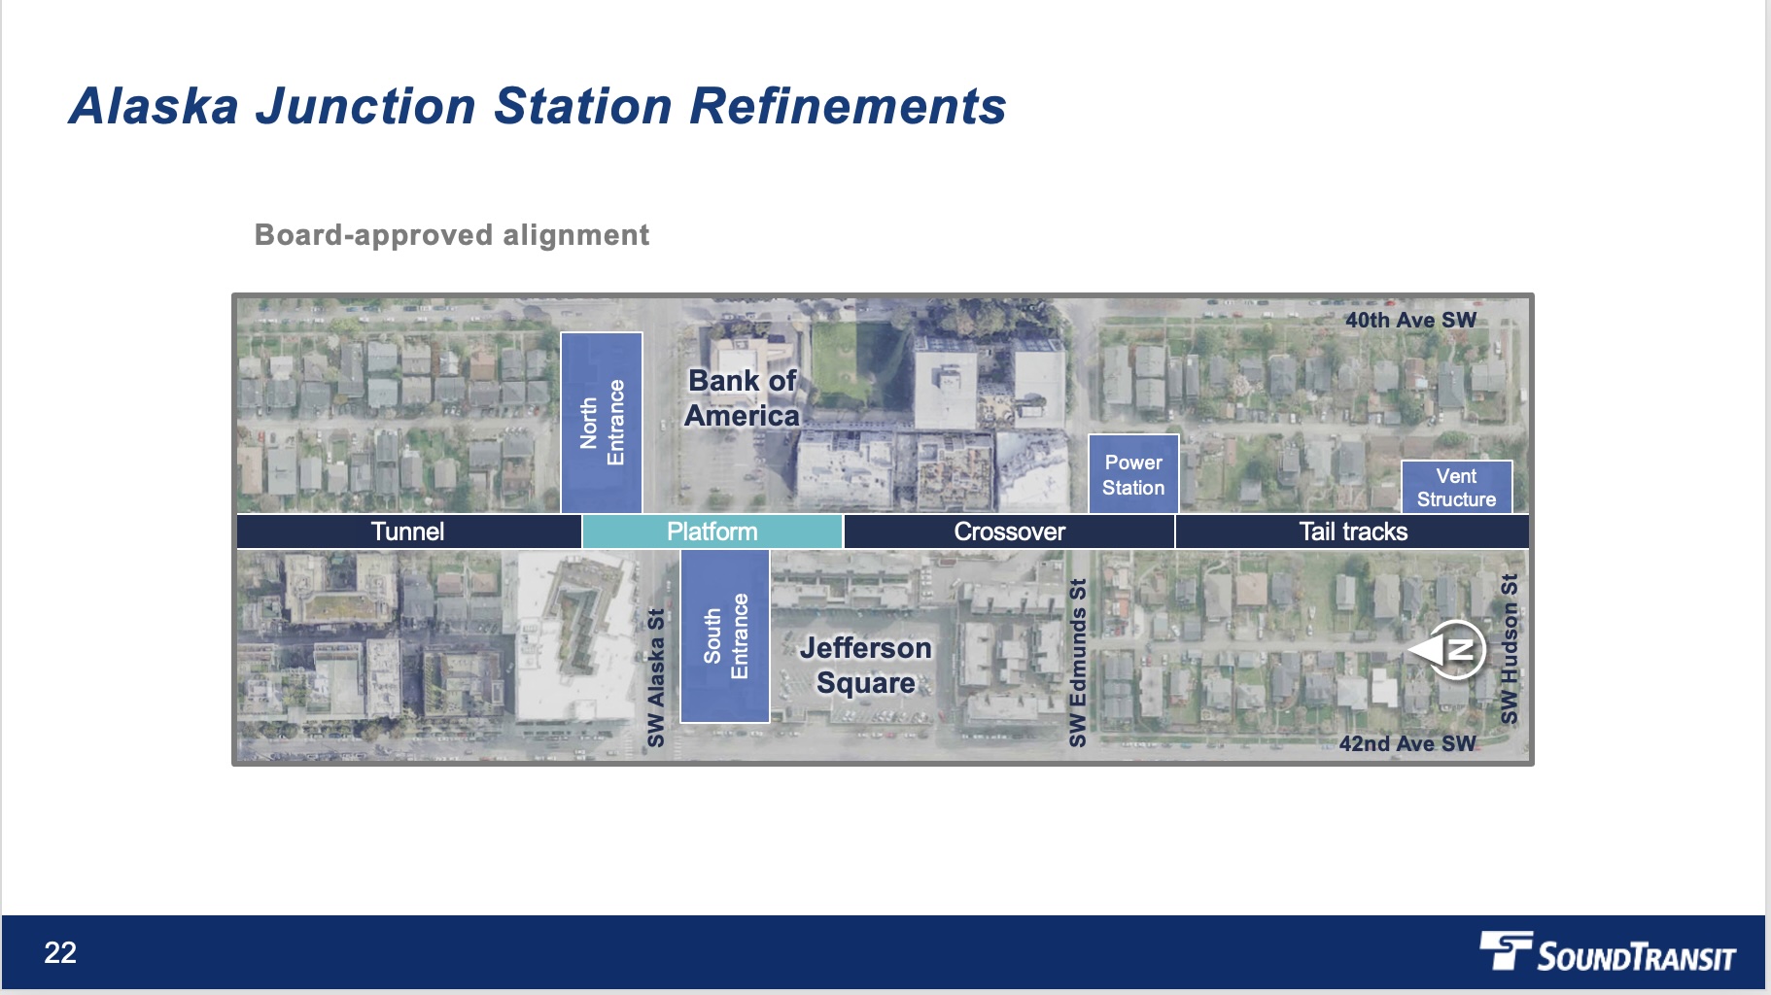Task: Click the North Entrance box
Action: point(602,423)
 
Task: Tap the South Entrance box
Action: point(725,636)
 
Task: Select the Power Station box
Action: point(1133,475)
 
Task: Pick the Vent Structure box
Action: point(1456,488)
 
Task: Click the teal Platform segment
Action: point(712,532)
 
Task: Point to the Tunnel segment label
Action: point(407,532)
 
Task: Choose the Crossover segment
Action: point(1009,532)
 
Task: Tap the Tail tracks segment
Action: point(1352,532)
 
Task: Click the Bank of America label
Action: point(742,398)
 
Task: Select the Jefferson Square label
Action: point(865,666)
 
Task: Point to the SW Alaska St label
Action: point(656,677)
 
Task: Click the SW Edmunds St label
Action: point(1077,663)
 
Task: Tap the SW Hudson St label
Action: point(1509,649)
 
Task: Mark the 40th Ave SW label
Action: point(1410,320)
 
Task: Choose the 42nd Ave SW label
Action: point(1406,743)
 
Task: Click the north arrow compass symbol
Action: point(1449,649)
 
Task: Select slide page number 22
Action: point(60,952)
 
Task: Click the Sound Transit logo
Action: point(1608,952)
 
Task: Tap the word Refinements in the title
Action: point(848,106)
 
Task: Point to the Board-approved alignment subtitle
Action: point(452,235)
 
